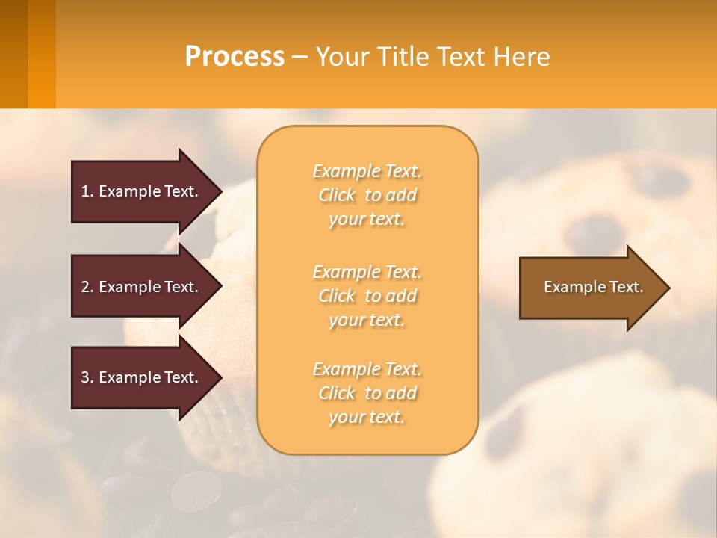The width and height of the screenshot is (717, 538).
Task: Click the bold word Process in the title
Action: [235, 57]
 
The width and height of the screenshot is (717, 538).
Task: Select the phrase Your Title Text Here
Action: [432, 57]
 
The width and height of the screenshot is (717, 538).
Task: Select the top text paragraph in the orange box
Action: [367, 195]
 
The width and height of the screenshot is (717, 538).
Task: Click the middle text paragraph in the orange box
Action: [367, 296]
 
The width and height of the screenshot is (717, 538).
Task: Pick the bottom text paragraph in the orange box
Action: [367, 393]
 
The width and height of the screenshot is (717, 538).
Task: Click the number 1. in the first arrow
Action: [87, 191]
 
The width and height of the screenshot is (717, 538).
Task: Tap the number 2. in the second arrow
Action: [87, 287]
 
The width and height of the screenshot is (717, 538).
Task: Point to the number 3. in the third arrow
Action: [87, 377]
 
